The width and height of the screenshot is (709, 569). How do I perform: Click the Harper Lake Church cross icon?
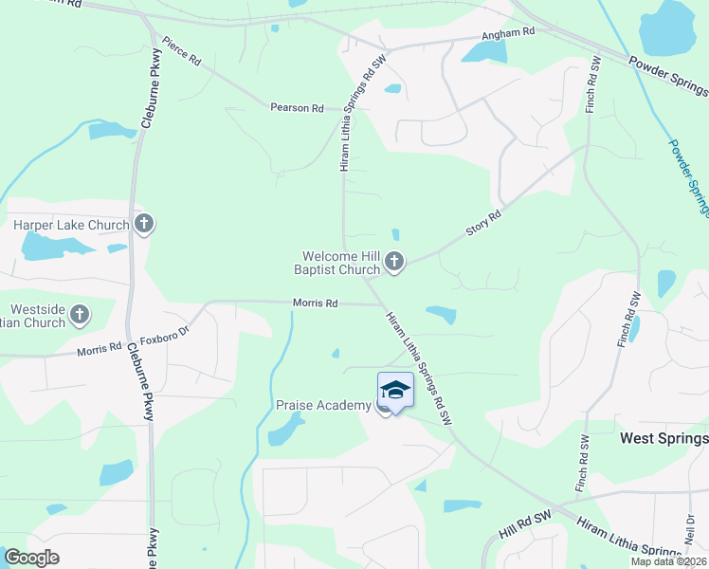click(144, 225)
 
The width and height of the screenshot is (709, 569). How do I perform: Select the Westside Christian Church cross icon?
click(80, 314)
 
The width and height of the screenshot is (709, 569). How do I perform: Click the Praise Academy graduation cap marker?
click(395, 391)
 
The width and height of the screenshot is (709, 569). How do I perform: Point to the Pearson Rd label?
click(297, 108)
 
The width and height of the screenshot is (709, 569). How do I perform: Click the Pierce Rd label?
click(181, 51)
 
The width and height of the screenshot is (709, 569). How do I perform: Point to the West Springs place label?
click(664, 438)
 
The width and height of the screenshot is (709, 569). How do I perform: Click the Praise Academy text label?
click(323, 406)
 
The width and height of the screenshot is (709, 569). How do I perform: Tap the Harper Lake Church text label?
click(70, 226)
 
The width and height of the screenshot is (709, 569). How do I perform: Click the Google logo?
click(31, 558)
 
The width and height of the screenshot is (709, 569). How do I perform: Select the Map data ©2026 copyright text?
click(669, 561)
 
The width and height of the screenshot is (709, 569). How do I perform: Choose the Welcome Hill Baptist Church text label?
click(340, 263)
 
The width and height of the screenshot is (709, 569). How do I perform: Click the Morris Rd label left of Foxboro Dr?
click(100, 350)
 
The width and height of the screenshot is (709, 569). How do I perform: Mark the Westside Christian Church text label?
click(32, 316)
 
